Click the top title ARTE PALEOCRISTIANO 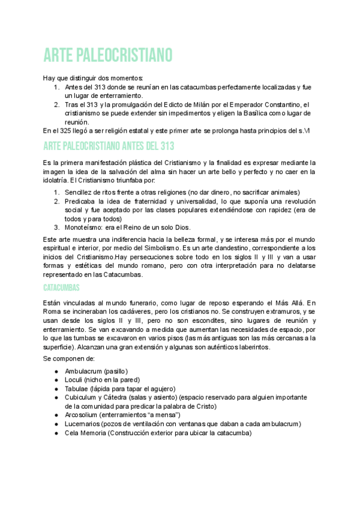pyautogui.click(x=108, y=55)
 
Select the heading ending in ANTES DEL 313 pyautogui.click(x=109, y=146)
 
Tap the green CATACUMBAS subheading pyautogui.click(x=61, y=288)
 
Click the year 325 pyautogui.click(x=66, y=130)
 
